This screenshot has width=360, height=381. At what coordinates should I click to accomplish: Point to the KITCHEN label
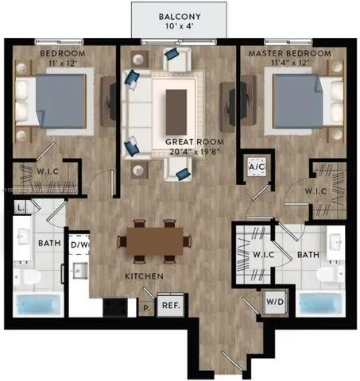(144, 275)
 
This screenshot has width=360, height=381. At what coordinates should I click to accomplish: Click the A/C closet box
(257, 168)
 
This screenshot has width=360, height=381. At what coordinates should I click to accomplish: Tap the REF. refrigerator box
(169, 303)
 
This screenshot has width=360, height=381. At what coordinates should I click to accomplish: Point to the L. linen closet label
(20, 208)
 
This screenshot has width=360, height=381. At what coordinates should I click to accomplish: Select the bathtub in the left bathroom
(38, 305)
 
